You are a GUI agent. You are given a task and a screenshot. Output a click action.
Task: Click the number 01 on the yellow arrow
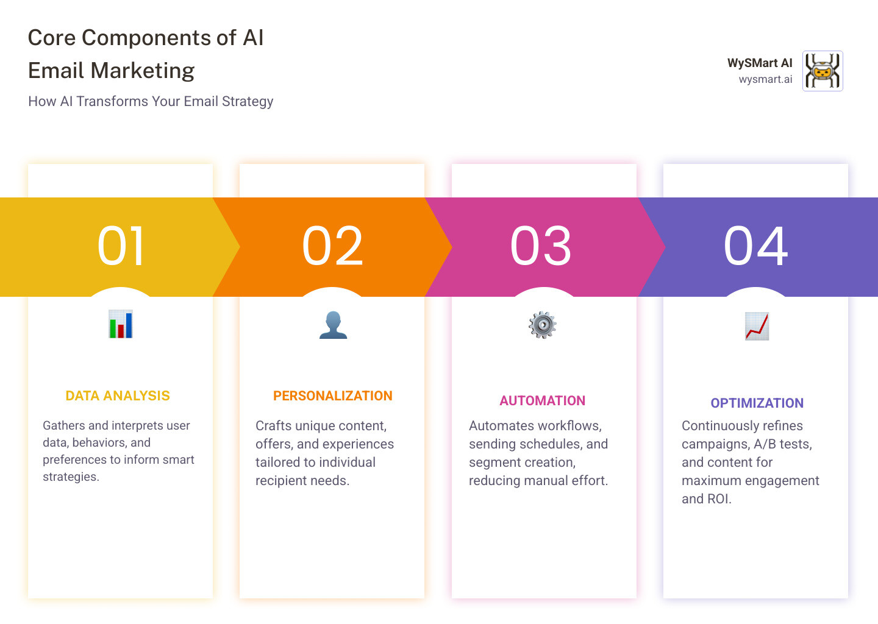click(x=121, y=246)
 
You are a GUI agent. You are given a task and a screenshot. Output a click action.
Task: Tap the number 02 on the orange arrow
click(x=332, y=246)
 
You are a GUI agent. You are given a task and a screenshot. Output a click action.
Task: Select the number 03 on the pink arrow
click(x=540, y=246)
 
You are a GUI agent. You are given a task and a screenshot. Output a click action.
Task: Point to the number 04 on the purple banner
click(x=755, y=246)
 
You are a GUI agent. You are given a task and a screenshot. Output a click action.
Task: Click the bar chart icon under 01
click(x=121, y=324)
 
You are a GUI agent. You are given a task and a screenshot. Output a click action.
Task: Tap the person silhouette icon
click(x=333, y=325)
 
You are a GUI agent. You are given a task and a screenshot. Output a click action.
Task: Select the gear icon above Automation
click(x=543, y=325)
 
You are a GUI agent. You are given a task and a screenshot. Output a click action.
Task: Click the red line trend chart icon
click(x=757, y=326)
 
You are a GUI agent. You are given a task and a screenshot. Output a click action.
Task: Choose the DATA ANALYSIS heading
click(x=118, y=395)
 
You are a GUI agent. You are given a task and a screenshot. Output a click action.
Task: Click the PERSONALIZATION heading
click(x=333, y=395)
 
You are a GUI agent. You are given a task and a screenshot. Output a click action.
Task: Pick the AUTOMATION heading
click(x=543, y=400)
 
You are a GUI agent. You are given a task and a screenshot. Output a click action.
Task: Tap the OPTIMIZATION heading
click(x=757, y=403)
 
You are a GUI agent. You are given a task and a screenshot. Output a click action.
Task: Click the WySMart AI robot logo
click(x=823, y=71)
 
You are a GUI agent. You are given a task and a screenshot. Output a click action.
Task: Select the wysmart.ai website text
click(x=766, y=79)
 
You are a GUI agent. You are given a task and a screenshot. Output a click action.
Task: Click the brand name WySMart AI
click(x=760, y=63)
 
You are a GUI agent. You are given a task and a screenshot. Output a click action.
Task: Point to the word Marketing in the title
click(x=143, y=71)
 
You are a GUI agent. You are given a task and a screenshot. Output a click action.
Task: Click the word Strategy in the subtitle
click(x=248, y=101)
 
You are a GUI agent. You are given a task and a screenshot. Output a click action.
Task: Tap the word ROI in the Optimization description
click(x=719, y=498)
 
